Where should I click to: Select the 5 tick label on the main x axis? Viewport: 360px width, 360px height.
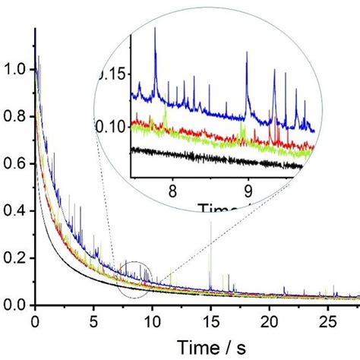point(93,321)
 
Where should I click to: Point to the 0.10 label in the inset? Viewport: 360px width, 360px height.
point(114,126)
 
